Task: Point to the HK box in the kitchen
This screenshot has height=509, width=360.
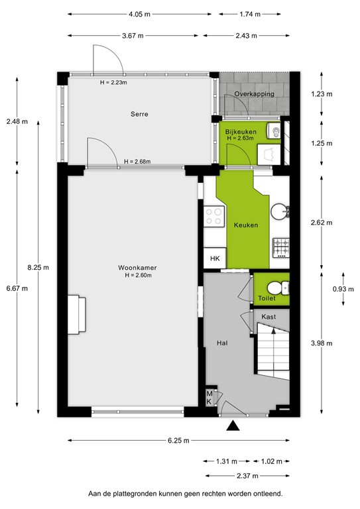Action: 215,258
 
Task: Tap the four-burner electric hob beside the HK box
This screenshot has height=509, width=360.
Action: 215,216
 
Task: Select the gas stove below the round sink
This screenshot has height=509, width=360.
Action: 281,247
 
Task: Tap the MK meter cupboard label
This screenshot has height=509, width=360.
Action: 210,398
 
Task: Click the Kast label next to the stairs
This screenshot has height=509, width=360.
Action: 269,317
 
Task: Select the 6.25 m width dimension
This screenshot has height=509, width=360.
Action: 179,440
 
